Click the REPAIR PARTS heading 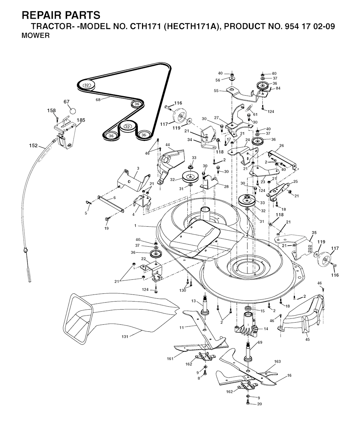[x=61, y=15]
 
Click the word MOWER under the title [x=36, y=35]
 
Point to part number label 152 [x=34, y=145]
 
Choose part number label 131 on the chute [x=124, y=337]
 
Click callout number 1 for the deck [x=140, y=226]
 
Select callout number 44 [x=168, y=145]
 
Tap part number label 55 [x=216, y=91]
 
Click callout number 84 [x=278, y=88]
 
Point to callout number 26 [x=281, y=146]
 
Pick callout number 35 [x=314, y=233]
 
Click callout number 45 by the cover [x=307, y=340]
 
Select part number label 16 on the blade [x=289, y=376]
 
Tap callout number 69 [x=260, y=342]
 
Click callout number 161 [x=170, y=358]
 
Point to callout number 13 [x=193, y=301]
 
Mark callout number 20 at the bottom [x=259, y=404]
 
